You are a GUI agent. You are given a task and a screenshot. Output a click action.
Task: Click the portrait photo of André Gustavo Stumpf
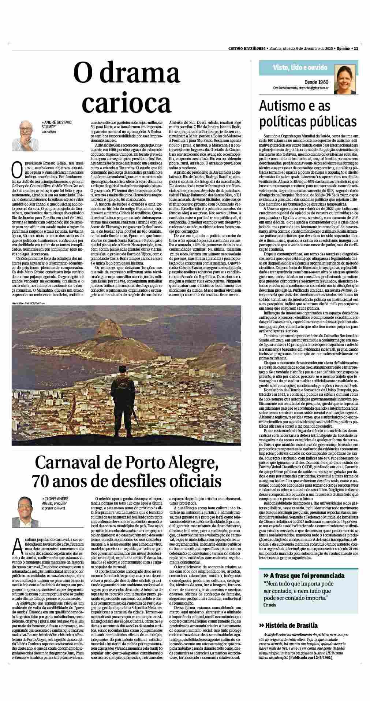pos(25,133)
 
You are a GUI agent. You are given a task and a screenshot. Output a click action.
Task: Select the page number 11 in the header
pos(356,48)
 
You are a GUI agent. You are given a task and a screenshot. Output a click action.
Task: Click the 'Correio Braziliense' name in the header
pos(247,48)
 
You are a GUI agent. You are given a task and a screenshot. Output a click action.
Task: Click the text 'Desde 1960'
pos(316,82)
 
